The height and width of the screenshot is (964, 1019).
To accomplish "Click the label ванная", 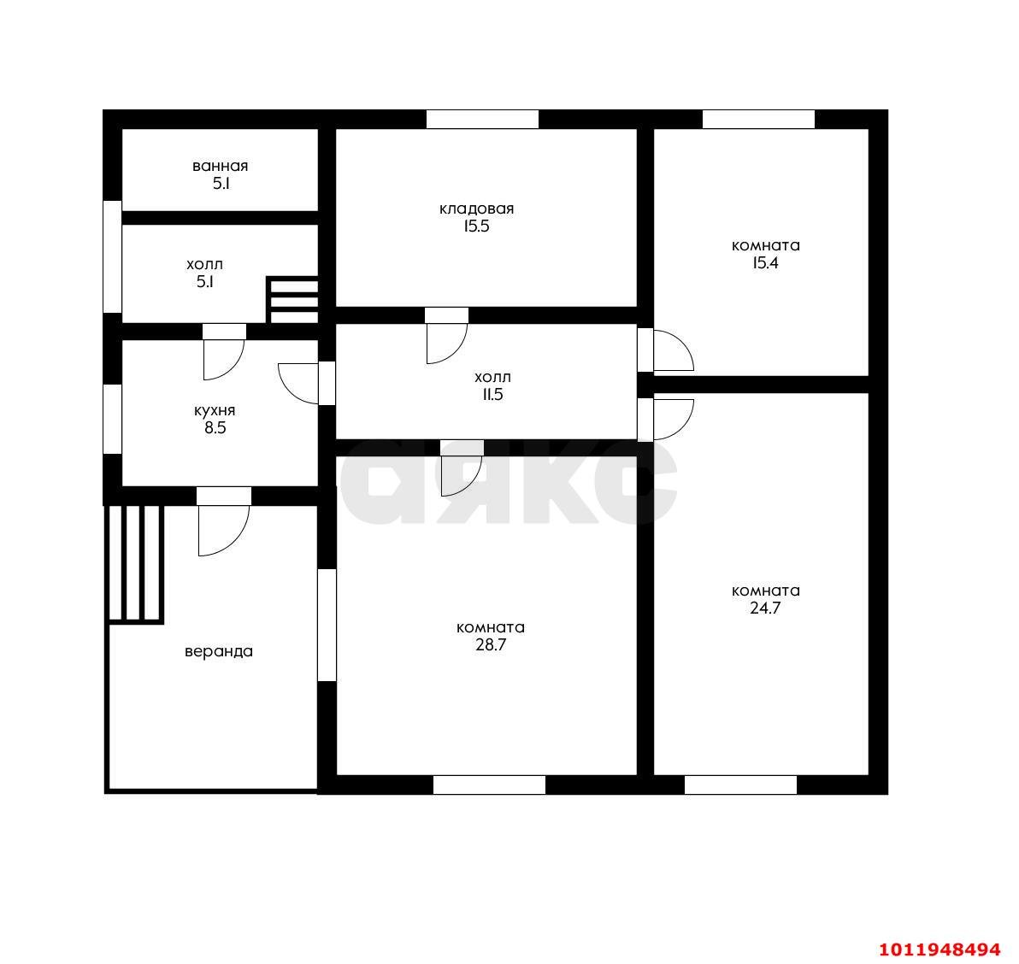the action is point(220,167).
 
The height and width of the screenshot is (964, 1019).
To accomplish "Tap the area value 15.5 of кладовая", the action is point(476,226).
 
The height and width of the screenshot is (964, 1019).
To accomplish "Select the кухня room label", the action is point(215,411).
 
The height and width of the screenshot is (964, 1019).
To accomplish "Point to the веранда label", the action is point(218,651).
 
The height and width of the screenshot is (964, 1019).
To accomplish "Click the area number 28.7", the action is point(491,645).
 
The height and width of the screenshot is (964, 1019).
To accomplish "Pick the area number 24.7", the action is point(765,608).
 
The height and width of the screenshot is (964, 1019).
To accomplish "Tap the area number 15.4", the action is point(765,263).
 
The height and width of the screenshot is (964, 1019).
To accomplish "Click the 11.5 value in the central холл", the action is point(492,394).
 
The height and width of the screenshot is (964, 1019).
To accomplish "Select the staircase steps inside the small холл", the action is point(292,299).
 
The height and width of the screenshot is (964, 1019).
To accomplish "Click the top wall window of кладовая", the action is point(482,120).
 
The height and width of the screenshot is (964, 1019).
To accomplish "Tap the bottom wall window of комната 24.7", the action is point(740,785).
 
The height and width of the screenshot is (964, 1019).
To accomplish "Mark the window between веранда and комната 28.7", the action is point(327,625).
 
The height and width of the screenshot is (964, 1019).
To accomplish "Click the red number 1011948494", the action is point(939,949).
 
